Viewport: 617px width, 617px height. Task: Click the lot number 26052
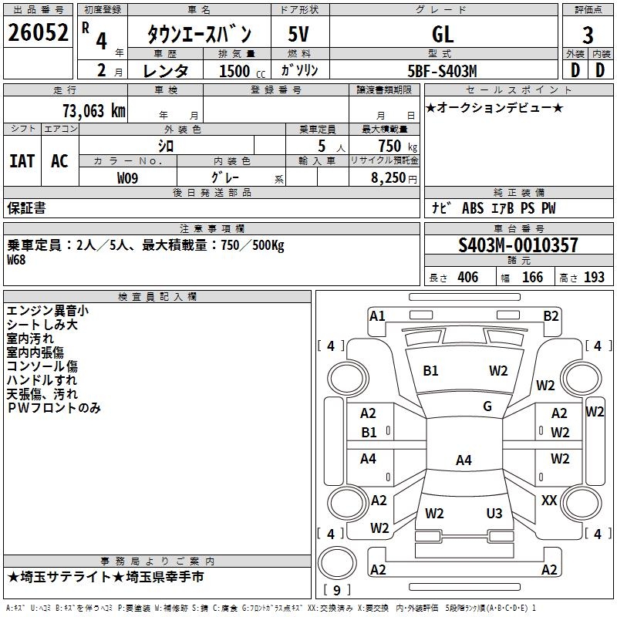(38, 32)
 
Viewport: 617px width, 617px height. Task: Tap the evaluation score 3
(588, 35)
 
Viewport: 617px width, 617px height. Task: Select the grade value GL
(443, 35)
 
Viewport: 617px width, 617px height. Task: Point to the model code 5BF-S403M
(442, 71)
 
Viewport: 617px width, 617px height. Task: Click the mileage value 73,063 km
(94, 111)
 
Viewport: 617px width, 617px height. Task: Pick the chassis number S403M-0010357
(518, 245)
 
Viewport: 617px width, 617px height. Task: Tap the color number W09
(127, 178)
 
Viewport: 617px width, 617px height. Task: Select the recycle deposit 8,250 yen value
(394, 178)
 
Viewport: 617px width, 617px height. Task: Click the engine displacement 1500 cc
(242, 71)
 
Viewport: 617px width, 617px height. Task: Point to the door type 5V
(298, 34)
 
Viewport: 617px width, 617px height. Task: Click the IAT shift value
(22, 161)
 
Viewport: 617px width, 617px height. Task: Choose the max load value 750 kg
(397, 147)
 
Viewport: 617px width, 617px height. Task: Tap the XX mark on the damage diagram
(549, 501)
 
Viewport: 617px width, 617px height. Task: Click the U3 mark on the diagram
(494, 513)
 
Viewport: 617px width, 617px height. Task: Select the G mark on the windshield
(487, 406)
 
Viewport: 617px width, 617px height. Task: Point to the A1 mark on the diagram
(377, 316)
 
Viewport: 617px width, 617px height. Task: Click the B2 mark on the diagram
(551, 316)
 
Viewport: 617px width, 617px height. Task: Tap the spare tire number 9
(336, 590)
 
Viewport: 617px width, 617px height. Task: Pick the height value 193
(594, 278)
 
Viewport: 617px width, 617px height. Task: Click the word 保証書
(26, 208)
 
